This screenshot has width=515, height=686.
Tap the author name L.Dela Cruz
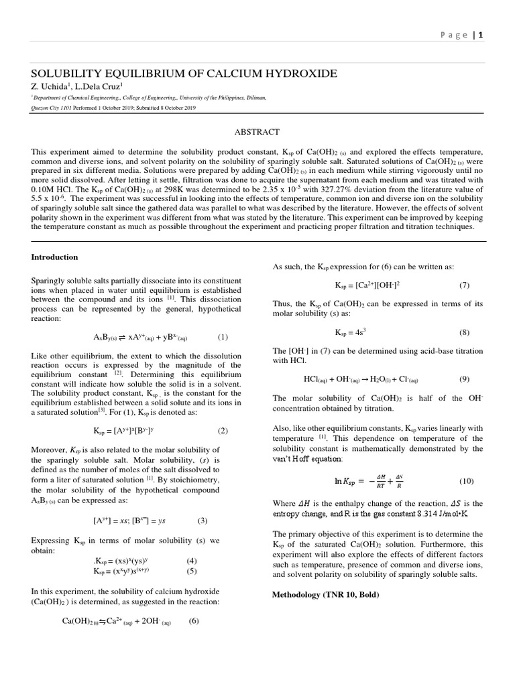(97, 86)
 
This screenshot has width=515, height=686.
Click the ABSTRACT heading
(257, 132)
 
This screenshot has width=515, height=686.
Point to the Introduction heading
(55, 257)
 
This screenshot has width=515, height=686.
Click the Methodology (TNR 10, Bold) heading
(325, 594)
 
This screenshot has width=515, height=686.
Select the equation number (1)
(223, 337)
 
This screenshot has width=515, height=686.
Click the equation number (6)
(194, 621)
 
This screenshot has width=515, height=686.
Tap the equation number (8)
(465, 332)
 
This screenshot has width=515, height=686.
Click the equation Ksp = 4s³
(350, 332)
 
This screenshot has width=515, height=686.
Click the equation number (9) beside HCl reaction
(465, 379)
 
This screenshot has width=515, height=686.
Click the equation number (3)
(203, 520)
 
